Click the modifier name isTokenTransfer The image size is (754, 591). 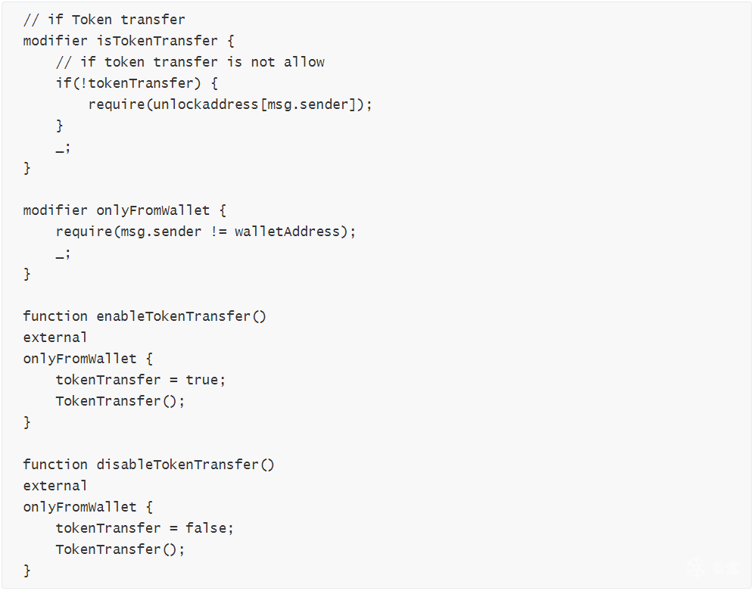pos(157,41)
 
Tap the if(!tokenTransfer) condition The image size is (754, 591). pos(129,83)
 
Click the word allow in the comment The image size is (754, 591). pos(304,62)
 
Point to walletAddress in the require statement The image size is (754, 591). pos(287,232)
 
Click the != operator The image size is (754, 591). pos(218,232)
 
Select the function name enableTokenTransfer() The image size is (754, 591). pos(181,316)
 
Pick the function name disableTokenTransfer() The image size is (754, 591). pos(185,465)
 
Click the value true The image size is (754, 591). pos(202,380)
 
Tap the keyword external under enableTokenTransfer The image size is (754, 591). pos(55,337)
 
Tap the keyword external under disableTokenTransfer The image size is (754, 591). pos(55,486)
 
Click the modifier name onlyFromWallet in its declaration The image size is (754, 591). pos(153,210)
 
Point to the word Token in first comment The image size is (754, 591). pos(92,20)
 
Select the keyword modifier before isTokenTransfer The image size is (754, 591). pos(55,41)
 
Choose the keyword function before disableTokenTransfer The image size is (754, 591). pos(55,465)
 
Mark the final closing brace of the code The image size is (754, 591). pos(27,571)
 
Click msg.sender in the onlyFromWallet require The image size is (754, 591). pos(161,232)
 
